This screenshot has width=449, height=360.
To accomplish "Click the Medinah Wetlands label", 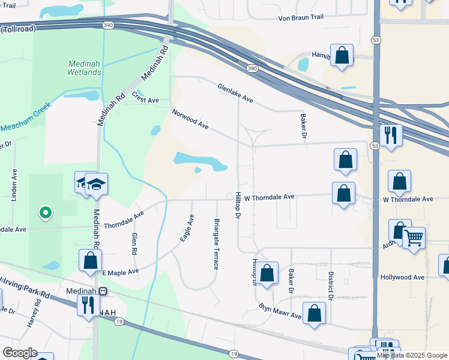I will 84,68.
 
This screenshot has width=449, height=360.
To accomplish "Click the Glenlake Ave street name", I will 235,92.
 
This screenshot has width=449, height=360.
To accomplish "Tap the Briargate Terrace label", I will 217,244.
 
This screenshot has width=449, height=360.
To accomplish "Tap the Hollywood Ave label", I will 402,277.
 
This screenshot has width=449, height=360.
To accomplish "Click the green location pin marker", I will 44,212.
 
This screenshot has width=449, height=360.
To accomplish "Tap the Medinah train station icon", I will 103,291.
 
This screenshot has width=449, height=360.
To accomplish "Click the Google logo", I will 19,353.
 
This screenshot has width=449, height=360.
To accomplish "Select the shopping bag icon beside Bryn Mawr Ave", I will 314,314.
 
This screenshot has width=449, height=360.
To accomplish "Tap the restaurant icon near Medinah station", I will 89,304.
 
